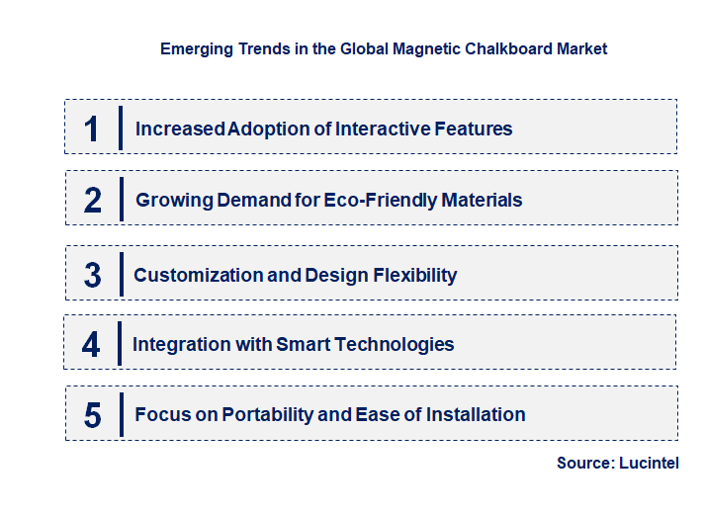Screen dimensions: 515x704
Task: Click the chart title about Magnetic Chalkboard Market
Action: point(384,47)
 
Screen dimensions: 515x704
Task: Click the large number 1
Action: point(92,129)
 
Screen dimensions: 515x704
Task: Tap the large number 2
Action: point(93,201)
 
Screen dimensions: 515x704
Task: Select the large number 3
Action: point(93,275)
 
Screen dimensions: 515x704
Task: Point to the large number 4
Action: point(91,344)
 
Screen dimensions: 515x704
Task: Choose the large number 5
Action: point(93,415)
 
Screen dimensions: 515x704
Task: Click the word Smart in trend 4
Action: point(303,344)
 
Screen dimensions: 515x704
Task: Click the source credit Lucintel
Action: point(650,463)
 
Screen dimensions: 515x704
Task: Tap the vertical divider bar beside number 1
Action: point(121,129)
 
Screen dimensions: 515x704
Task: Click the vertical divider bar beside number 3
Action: point(121,275)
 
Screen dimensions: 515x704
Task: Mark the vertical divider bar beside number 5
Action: point(121,415)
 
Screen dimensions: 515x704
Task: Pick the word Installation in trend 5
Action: point(476,415)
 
